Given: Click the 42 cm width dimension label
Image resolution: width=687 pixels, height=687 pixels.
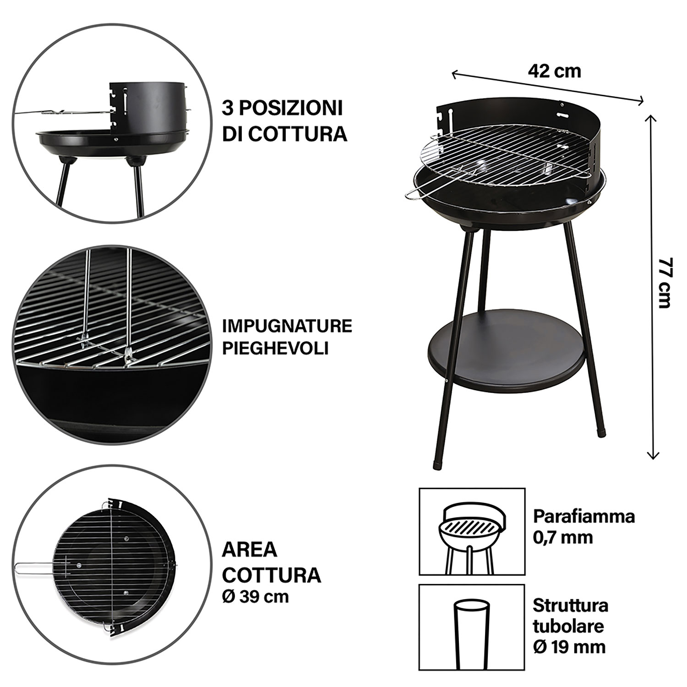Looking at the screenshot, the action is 554,71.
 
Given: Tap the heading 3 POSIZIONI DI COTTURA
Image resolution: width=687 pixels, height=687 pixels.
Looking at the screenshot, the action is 284,121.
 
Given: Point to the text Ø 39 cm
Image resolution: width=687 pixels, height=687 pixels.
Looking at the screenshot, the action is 255,597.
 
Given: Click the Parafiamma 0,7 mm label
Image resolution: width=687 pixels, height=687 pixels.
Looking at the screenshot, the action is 583,526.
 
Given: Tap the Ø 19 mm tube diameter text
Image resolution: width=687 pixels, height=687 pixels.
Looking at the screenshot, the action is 569,647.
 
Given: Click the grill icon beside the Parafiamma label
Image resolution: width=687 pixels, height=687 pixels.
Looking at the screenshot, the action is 472,531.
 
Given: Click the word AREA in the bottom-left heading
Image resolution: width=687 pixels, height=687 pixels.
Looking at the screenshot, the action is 250,550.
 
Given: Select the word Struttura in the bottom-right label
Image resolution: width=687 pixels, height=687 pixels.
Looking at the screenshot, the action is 570,605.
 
